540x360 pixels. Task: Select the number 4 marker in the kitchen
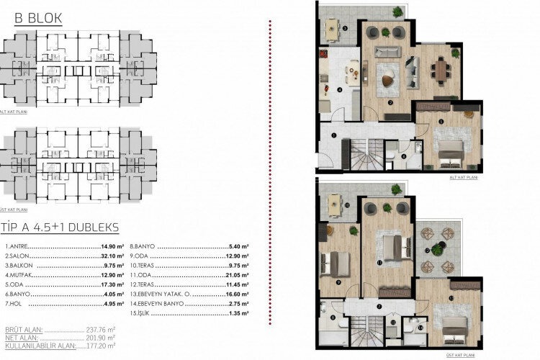pyautogui.click(x=339, y=90)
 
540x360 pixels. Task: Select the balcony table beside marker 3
pyautogui.click(x=332, y=29)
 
